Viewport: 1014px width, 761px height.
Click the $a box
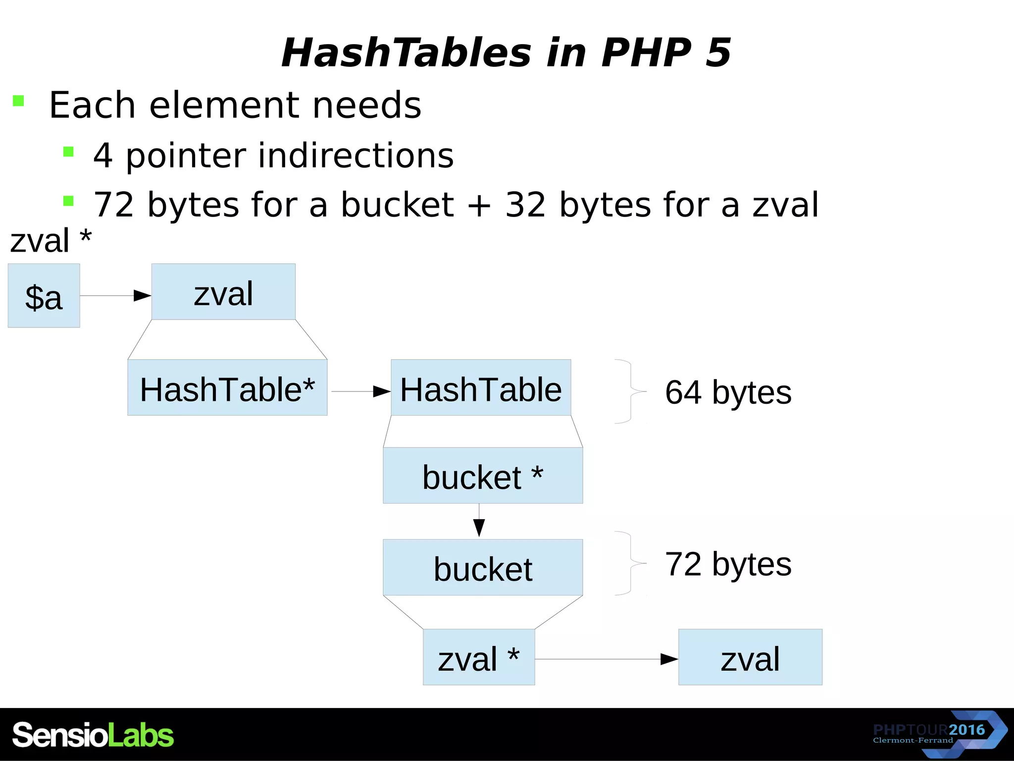(44, 296)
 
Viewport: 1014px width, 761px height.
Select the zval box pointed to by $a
(223, 292)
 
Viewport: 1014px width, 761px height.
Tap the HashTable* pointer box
(227, 387)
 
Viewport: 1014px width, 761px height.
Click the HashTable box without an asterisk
(481, 387)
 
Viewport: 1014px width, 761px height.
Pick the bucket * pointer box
(483, 476)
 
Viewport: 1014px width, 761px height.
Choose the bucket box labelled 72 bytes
(483, 567)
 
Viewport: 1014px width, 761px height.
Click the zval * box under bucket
(479, 657)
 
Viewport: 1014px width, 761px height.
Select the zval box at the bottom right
(750, 657)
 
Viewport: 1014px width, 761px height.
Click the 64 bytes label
(728, 392)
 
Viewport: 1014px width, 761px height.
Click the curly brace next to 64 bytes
(630, 391)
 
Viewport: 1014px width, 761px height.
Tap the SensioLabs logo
(93, 735)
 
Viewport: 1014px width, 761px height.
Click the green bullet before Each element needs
(18, 101)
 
